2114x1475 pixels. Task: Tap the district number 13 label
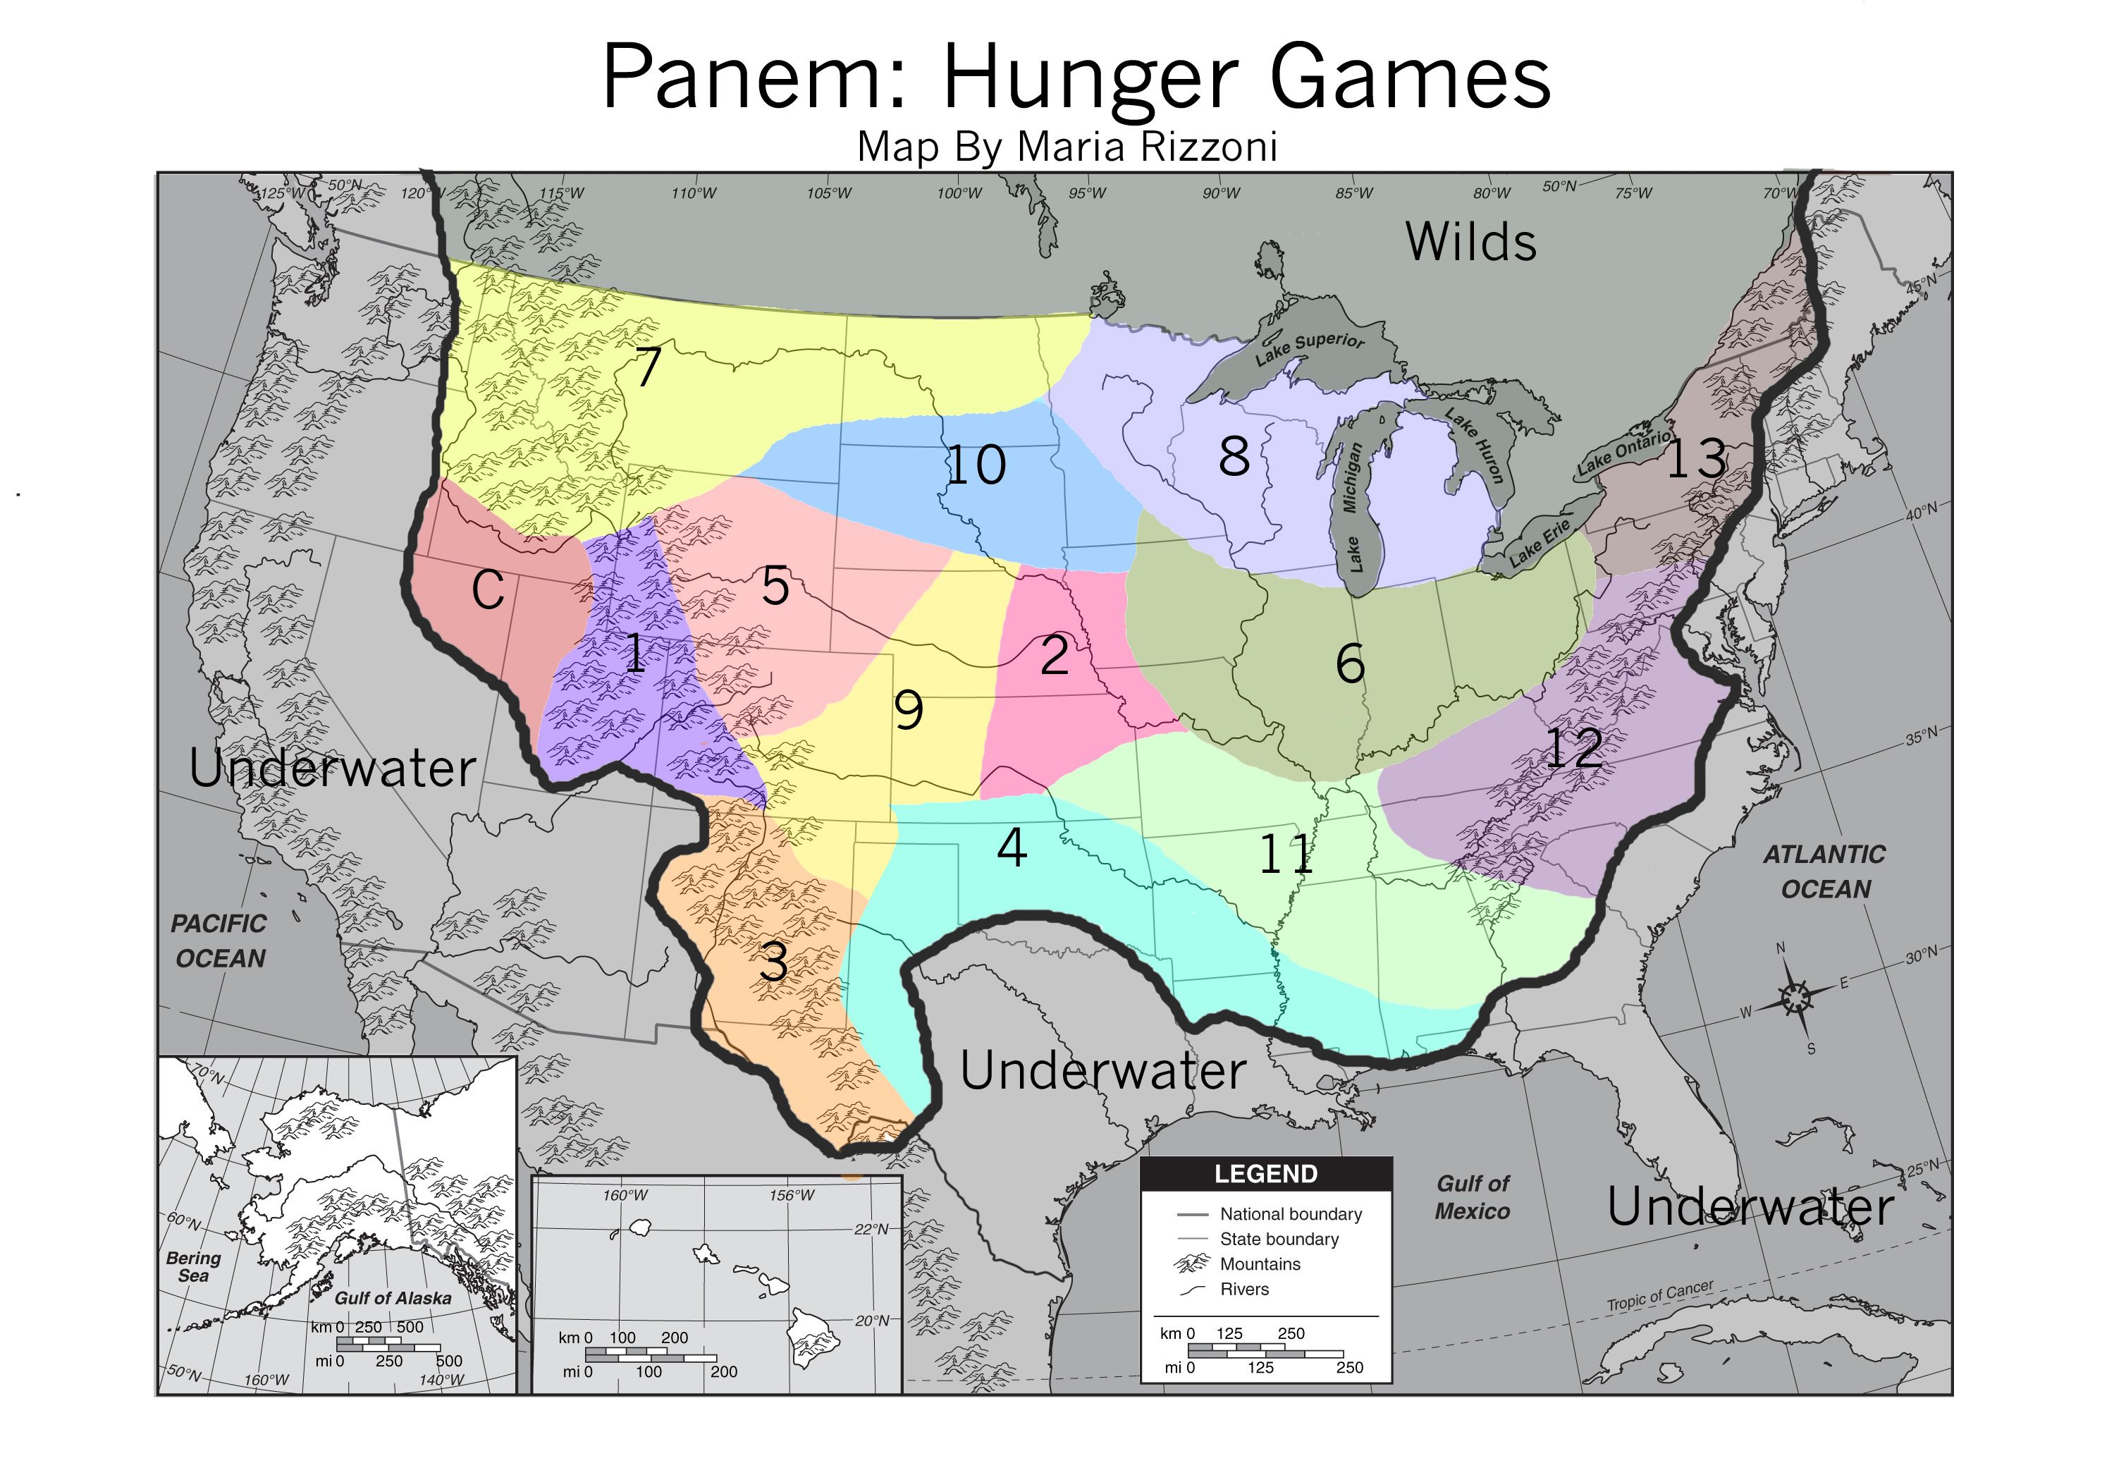(1696, 458)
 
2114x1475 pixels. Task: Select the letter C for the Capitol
(488, 589)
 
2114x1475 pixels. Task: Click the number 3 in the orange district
(773, 963)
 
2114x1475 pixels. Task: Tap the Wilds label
(1470, 242)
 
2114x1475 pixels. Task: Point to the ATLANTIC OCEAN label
(1824, 871)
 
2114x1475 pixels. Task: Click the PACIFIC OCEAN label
(219, 940)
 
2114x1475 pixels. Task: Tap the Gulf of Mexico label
(1473, 1197)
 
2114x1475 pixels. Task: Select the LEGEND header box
(1265, 1174)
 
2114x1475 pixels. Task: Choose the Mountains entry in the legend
(1259, 1264)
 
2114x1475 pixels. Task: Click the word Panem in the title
(755, 78)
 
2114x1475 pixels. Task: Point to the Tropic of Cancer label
(1659, 1295)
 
